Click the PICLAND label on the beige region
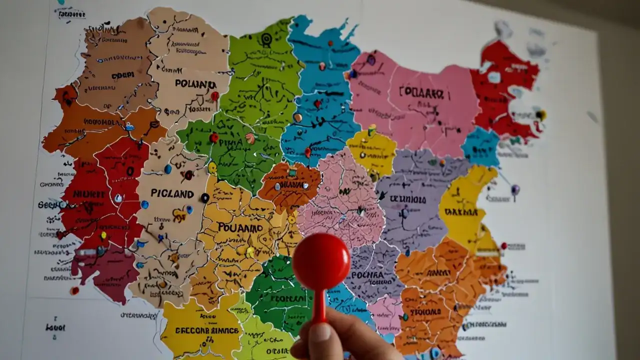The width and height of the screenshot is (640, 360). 172,193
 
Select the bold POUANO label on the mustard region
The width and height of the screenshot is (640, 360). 240,227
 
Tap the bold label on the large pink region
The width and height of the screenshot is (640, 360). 421,92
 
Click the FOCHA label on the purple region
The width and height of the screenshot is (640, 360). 367,275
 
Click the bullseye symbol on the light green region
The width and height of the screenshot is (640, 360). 266,38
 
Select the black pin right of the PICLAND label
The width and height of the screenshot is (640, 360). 205,197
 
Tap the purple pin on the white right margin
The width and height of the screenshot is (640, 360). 515,189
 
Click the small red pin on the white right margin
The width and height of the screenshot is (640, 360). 504,245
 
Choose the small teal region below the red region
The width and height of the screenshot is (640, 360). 480,146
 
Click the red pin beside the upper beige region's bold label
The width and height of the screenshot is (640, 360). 215,95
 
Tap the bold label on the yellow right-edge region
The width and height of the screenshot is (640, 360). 461,212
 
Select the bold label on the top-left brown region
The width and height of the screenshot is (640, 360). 123,75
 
